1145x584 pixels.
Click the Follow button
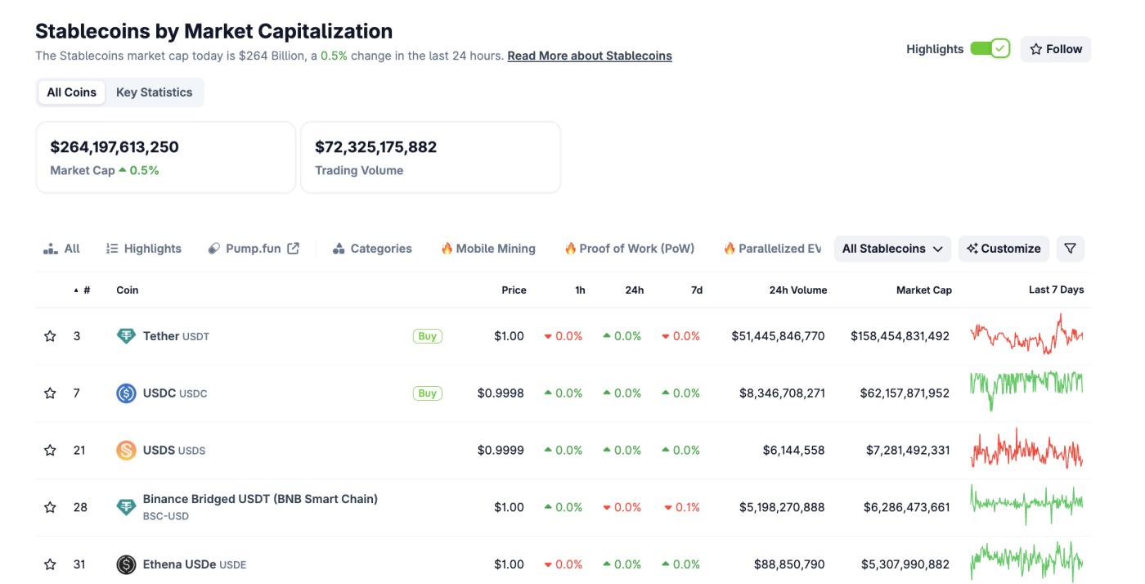pos(1055,49)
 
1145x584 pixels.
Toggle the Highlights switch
pos(990,49)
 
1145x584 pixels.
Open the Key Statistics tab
pos(154,92)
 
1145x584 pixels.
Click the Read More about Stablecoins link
pos(589,56)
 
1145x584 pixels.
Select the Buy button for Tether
pos(427,336)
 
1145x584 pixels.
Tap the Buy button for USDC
pos(427,393)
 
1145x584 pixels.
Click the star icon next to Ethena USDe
pos(50,564)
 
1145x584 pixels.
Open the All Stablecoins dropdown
pos(891,249)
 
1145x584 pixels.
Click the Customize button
pos(1004,249)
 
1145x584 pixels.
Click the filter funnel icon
pos(1070,249)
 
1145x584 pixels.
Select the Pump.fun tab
pos(254,249)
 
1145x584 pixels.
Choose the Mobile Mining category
pos(488,249)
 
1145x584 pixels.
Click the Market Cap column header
pos(923,290)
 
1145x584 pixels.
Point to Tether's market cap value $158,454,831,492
pos(900,336)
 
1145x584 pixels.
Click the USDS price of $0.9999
pos(501,450)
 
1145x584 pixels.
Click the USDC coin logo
pos(126,393)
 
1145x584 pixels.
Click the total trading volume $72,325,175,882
pos(375,147)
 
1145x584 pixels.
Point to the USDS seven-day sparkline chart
pos(1026,450)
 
